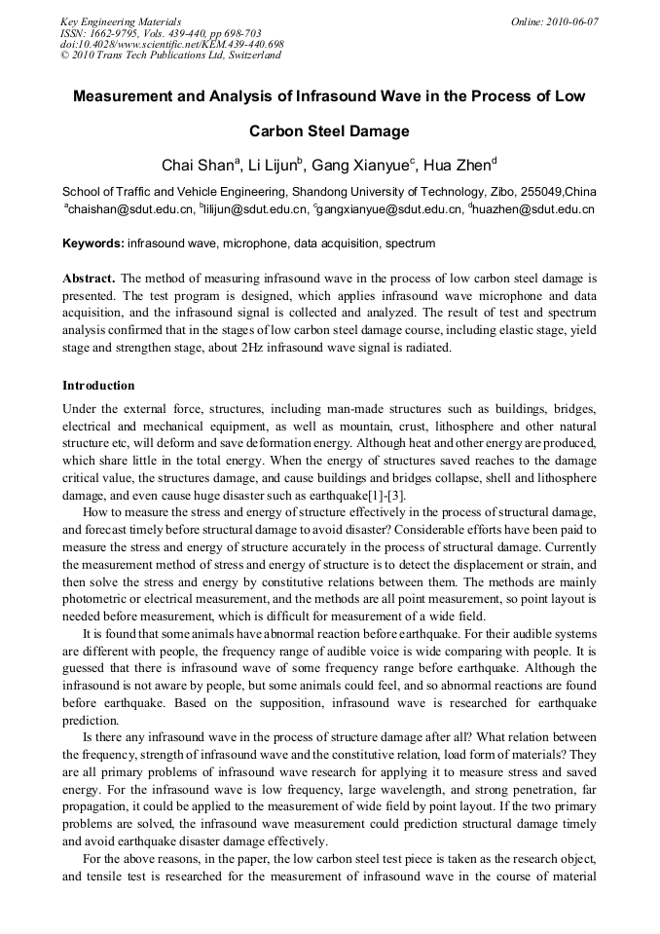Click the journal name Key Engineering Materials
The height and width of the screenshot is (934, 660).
coord(121,21)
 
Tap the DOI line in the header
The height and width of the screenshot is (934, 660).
coord(171,44)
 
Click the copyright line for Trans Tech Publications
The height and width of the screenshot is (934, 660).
coord(170,56)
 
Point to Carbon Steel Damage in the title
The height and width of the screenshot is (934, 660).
coord(329,131)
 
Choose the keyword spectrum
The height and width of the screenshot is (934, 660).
coord(410,243)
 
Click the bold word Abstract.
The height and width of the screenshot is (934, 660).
coord(89,278)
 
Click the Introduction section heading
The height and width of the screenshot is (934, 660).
coord(98,385)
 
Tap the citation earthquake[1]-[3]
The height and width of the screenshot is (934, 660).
coord(358,495)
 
